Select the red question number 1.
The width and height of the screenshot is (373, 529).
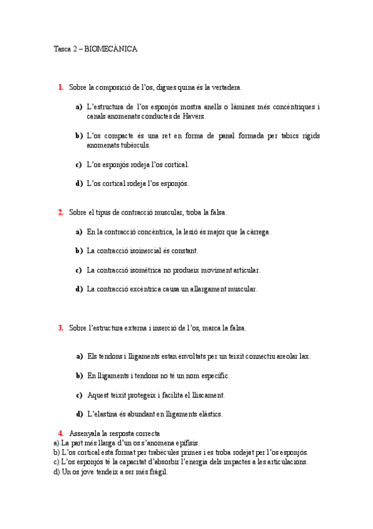(60, 87)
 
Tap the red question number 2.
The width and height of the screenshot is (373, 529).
(60, 212)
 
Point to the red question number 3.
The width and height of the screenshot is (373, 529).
(60, 328)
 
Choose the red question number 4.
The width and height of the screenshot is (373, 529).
(60, 433)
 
